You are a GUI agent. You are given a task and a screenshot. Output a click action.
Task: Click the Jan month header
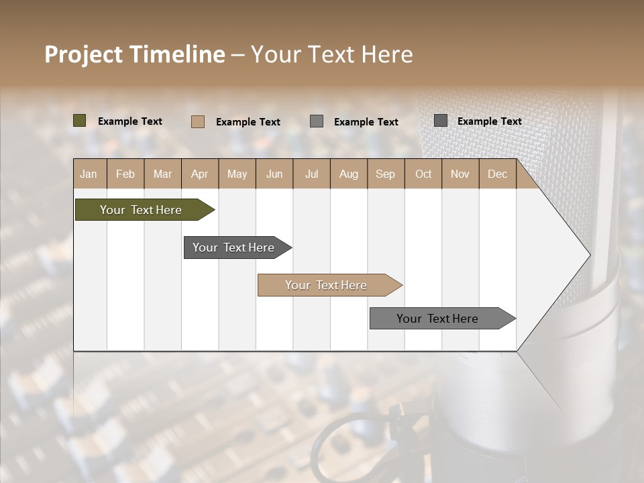(x=89, y=174)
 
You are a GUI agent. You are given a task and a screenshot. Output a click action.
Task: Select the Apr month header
(x=200, y=174)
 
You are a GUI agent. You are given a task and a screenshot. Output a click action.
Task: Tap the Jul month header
(x=311, y=174)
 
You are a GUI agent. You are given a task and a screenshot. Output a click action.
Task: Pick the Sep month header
(x=386, y=174)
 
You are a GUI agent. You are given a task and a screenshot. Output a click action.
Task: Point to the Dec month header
(x=497, y=174)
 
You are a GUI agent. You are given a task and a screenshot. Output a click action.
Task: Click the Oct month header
(x=423, y=174)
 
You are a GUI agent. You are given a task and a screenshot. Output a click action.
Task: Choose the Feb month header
(x=125, y=174)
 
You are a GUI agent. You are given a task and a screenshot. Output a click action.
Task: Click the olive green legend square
(x=80, y=121)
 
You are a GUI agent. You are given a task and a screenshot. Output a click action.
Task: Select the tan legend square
(x=198, y=121)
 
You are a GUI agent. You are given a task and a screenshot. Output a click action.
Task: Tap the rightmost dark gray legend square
(x=441, y=121)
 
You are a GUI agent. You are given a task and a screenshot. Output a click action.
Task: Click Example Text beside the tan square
(x=248, y=122)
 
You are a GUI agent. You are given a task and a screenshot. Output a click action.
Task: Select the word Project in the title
(x=83, y=54)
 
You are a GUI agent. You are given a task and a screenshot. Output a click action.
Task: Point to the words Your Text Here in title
(x=332, y=54)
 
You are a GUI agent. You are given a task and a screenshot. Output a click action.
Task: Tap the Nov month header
(x=460, y=174)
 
